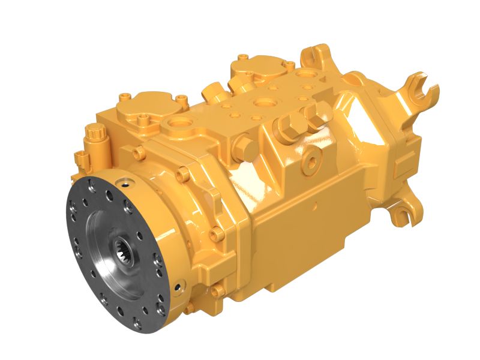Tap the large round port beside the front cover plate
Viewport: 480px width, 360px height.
pyautogui.click(x=179, y=124)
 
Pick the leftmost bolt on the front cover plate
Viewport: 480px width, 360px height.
pyautogui.click(x=123, y=96)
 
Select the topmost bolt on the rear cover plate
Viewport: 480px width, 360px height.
pyautogui.click(x=243, y=58)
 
